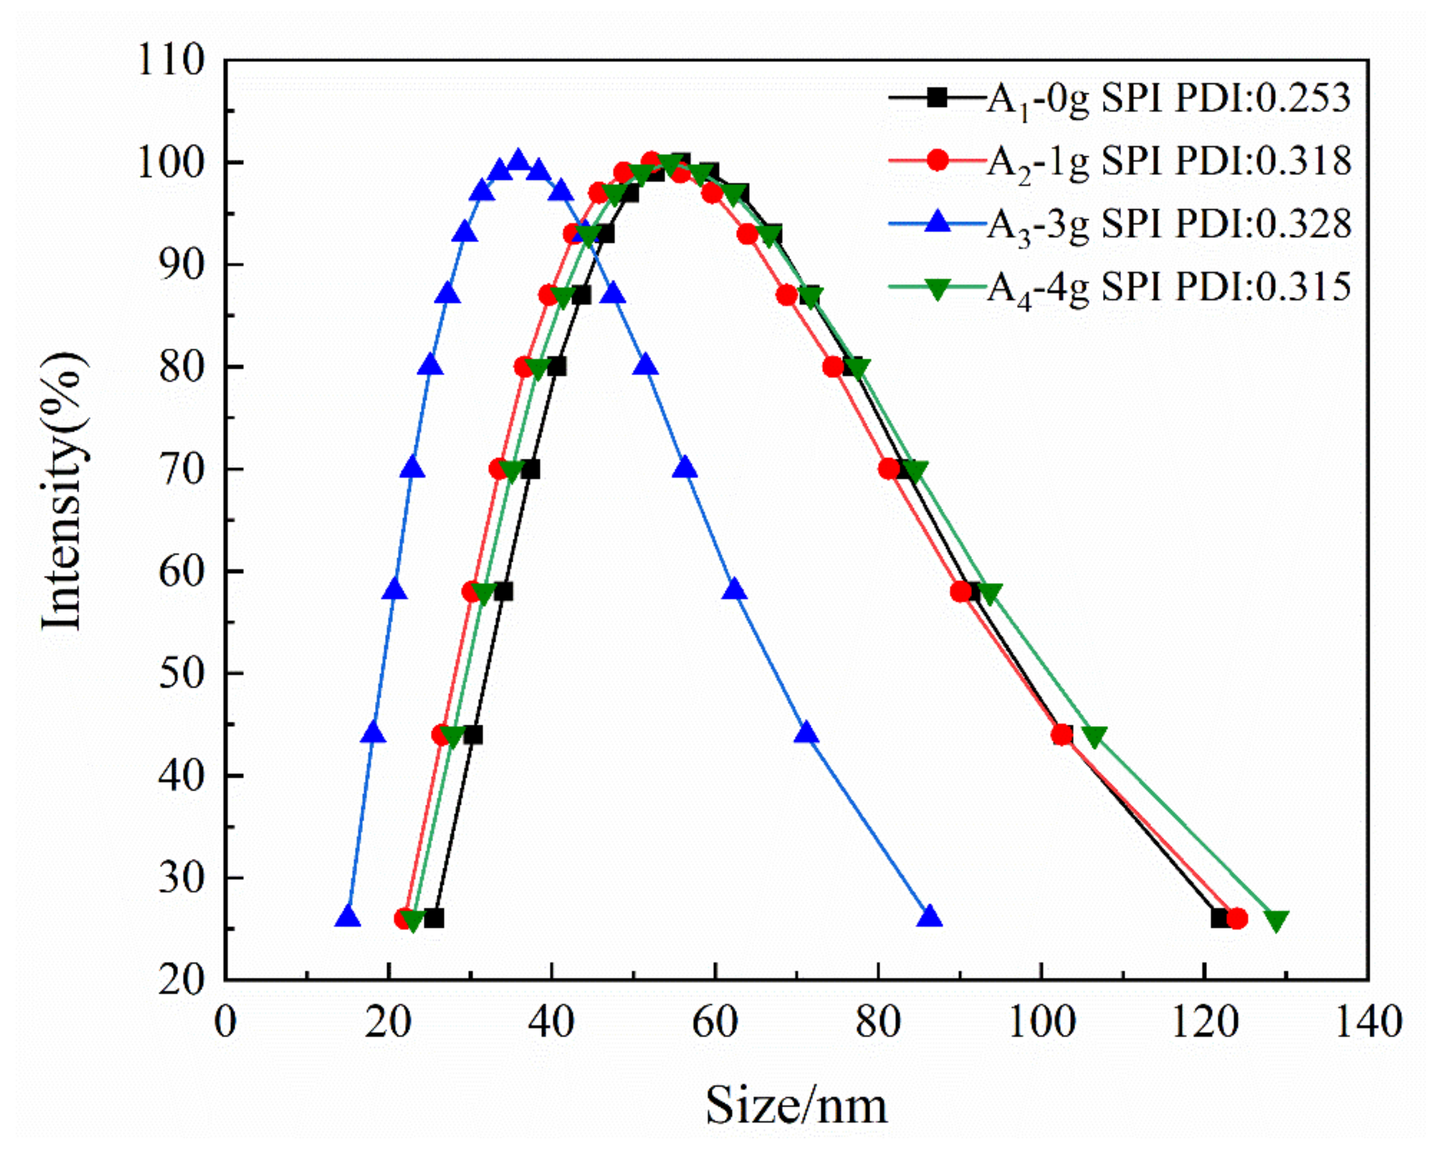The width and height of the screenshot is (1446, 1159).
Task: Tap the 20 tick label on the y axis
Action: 181,981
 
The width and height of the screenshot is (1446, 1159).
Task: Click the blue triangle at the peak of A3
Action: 518,161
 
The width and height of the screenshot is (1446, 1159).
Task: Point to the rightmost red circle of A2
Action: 1237,918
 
